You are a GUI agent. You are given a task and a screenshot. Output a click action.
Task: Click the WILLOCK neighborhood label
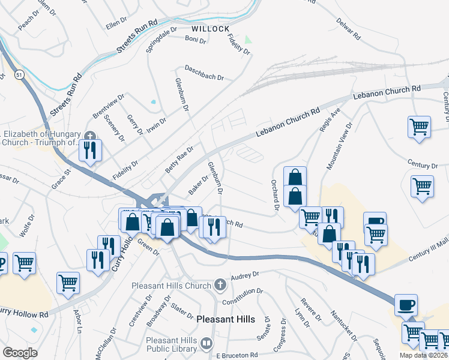coord(211,28)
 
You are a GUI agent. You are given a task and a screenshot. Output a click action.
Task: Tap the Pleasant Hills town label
coord(225,319)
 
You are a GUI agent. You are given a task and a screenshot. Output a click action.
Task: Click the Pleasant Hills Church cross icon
coord(220,284)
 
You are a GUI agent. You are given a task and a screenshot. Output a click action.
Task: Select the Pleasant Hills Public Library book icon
coord(206,344)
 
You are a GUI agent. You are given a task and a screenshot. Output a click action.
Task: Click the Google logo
coord(20,353)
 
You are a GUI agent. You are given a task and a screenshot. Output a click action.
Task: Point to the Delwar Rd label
coord(348,31)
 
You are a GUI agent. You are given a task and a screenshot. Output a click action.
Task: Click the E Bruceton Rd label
coord(237,355)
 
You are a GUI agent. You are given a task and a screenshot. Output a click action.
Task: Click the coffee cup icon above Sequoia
coord(406,306)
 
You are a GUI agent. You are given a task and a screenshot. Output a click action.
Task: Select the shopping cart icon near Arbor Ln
coord(68,283)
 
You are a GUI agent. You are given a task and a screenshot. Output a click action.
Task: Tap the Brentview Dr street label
coord(108,106)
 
